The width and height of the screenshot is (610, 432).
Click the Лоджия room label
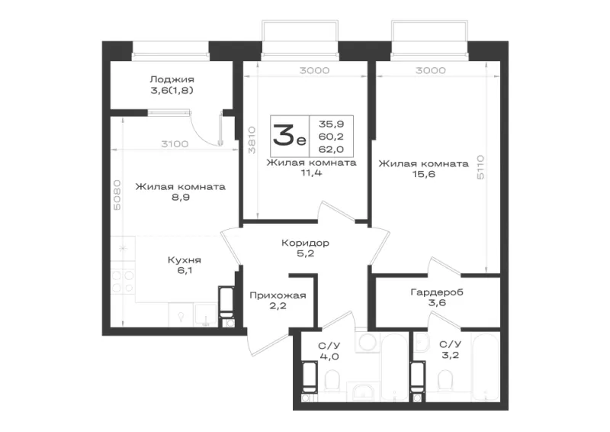172,79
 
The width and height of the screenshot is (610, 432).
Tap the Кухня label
184,260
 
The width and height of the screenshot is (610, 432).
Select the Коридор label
305,243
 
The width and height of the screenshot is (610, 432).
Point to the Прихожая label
278,295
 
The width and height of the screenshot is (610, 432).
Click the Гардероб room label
437,292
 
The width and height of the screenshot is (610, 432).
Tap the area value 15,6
424,174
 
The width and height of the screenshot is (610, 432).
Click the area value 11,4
311,173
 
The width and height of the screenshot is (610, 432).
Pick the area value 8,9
181,198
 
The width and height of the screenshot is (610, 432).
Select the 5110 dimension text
481,167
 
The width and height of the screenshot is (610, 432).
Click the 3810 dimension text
252,140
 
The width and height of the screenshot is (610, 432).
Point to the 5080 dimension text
117,195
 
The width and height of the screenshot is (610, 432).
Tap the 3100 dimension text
175,144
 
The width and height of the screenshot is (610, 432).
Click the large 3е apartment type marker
289,135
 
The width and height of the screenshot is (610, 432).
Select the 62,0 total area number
331,149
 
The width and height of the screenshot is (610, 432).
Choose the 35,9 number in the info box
331,124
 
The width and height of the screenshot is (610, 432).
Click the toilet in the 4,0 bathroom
332,380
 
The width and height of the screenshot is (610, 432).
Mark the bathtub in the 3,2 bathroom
486,366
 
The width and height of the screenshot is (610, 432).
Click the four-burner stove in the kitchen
123,282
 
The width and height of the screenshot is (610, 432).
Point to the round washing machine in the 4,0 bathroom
367,342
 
